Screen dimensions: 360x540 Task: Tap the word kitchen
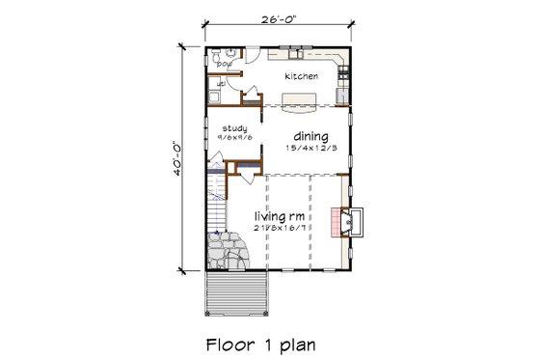(x=300, y=74)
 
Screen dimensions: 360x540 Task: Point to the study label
(x=234, y=128)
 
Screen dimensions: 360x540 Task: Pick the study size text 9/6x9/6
(x=235, y=138)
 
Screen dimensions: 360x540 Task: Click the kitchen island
(x=301, y=97)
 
